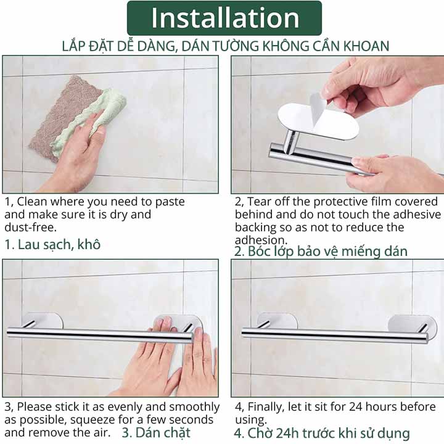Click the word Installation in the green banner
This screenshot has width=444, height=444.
click(225, 18)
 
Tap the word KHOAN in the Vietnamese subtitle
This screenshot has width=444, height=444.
click(366, 46)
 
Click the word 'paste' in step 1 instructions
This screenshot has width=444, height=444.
click(170, 202)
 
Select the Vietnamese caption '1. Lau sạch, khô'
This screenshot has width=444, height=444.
click(52, 244)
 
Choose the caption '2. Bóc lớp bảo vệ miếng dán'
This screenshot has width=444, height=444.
click(321, 251)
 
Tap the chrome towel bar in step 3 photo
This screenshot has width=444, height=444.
click(100, 335)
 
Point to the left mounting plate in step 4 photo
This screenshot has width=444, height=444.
click(277, 321)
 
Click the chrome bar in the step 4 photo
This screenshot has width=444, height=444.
click(335, 335)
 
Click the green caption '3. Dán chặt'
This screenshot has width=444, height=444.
click(156, 433)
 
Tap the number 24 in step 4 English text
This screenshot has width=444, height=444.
click(356, 407)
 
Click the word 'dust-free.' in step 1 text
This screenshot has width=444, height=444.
click(31, 228)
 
